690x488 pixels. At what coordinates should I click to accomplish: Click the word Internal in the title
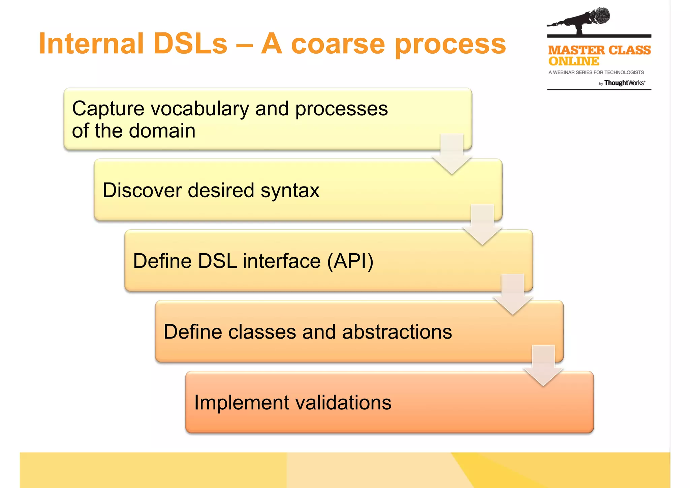click(91, 44)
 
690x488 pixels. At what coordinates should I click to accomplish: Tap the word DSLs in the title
click(190, 44)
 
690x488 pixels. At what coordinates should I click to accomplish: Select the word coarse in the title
click(338, 44)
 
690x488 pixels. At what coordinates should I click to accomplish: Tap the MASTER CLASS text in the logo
click(599, 50)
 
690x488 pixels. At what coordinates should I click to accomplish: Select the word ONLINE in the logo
click(574, 61)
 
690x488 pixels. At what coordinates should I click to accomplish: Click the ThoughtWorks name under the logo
click(624, 83)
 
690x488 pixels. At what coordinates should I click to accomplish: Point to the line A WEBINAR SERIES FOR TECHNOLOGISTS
click(596, 72)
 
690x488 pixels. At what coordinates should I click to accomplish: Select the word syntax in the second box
click(290, 191)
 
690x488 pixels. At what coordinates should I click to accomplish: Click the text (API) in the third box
click(350, 261)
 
